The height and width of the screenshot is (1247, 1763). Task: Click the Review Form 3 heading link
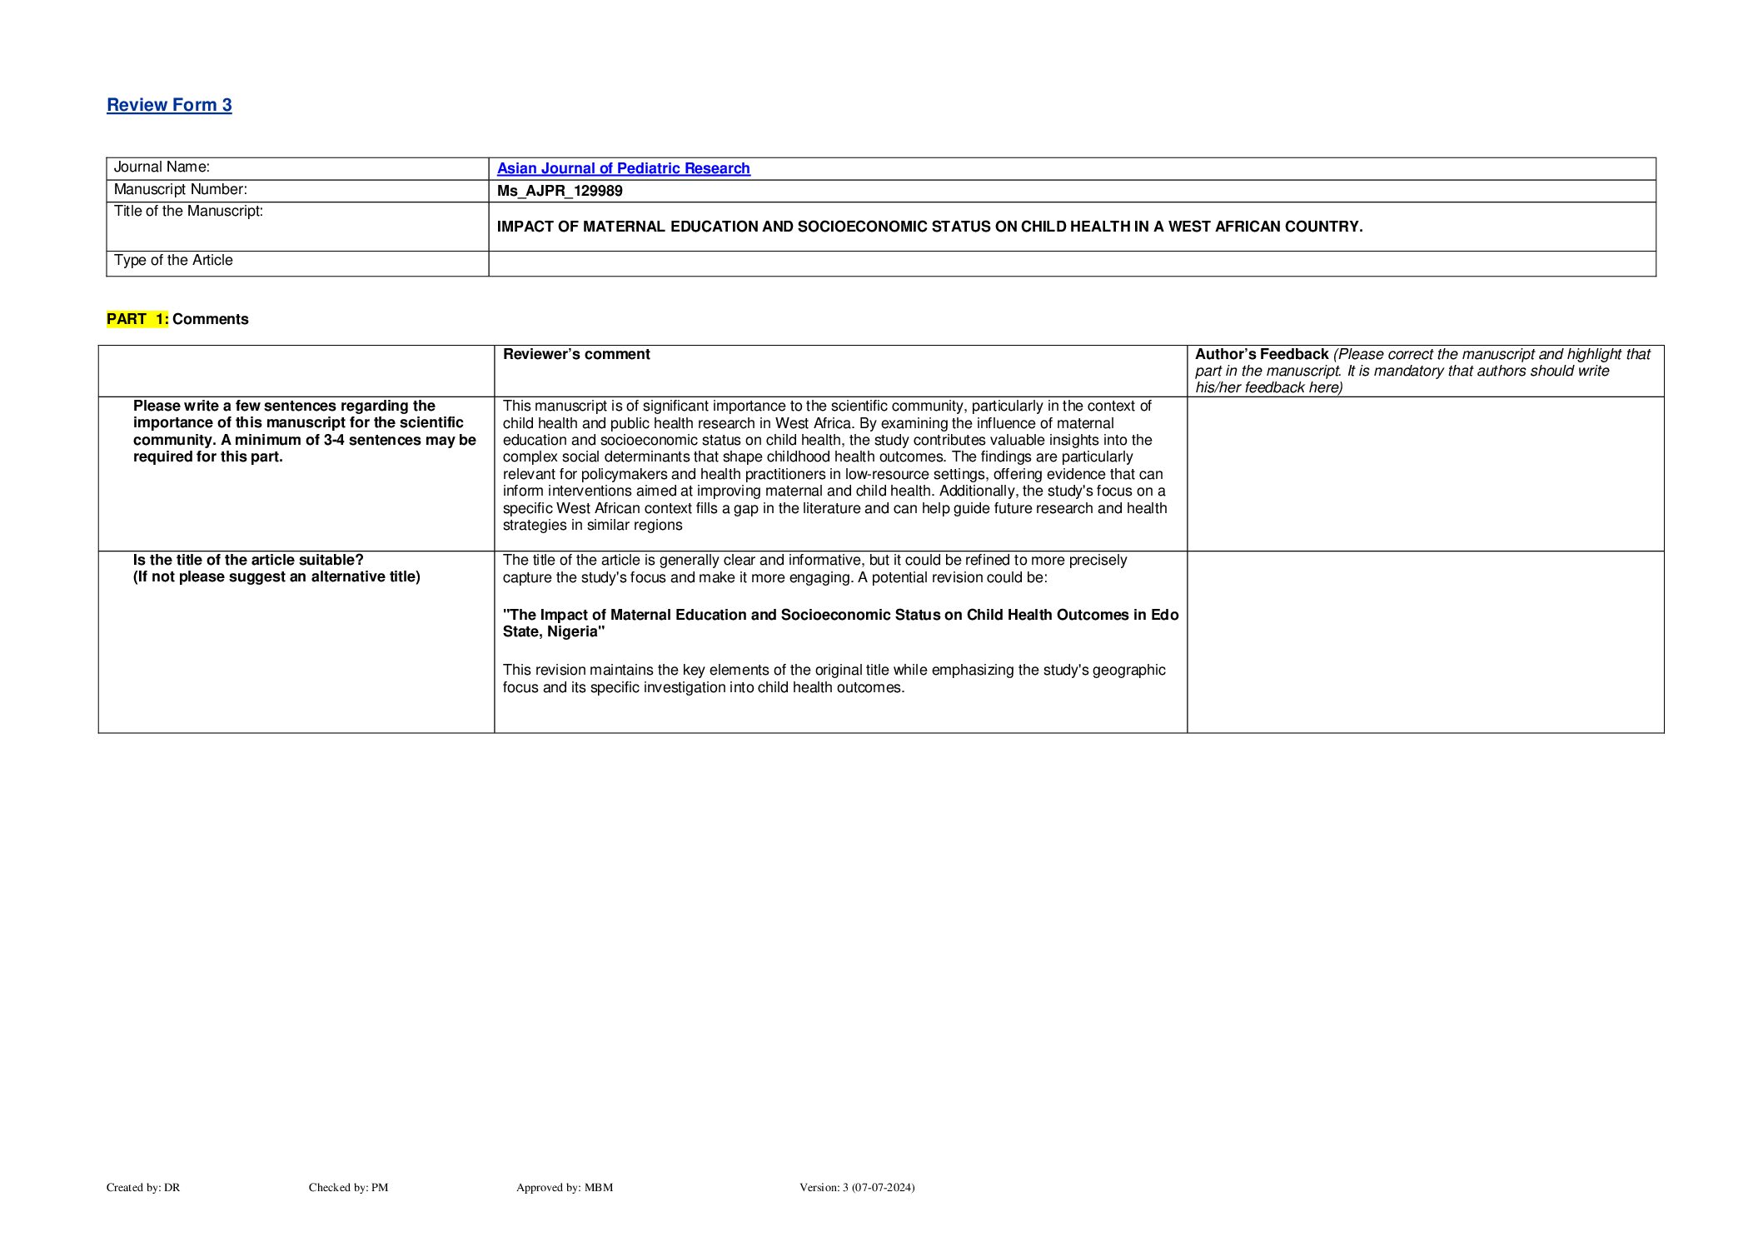[x=169, y=105]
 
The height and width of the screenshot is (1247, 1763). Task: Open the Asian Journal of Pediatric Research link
[x=623, y=168]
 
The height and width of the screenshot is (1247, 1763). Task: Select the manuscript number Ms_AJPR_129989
[x=560, y=191]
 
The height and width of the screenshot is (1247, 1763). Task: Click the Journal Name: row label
[x=162, y=167]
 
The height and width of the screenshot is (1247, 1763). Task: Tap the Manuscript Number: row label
[x=180, y=190]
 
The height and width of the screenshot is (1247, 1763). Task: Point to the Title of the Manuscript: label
[x=188, y=212]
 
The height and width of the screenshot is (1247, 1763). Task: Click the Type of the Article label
[x=173, y=261]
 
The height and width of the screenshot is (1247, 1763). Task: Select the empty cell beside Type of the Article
[x=1071, y=263]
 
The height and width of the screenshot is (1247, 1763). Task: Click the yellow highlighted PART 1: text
[x=137, y=319]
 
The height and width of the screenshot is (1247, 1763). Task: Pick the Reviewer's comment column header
[x=576, y=355]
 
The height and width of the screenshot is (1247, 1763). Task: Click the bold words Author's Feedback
[x=1261, y=355]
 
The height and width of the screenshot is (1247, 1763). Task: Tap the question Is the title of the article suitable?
[x=248, y=560]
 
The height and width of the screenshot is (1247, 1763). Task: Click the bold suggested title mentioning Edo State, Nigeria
[x=840, y=623]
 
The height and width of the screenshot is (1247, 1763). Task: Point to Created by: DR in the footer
[x=143, y=1187]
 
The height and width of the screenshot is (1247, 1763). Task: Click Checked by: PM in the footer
[x=348, y=1187]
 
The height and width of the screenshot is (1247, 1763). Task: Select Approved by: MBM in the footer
[x=565, y=1187]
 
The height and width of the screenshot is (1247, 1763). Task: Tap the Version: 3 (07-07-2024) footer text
[x=857, y=1187]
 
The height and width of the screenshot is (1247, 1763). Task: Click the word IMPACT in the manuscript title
[x=525, y=227]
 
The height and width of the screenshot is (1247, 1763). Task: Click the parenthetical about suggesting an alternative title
[x=276, y=577]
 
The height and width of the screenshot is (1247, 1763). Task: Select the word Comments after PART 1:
[x=211, y=319]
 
